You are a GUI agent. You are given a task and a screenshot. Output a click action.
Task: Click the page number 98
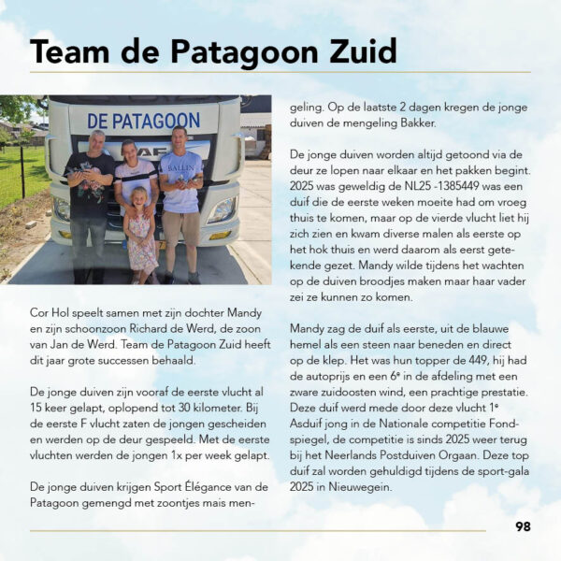pos(523,526)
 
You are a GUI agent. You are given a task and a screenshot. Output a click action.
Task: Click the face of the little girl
pos(141,198)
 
